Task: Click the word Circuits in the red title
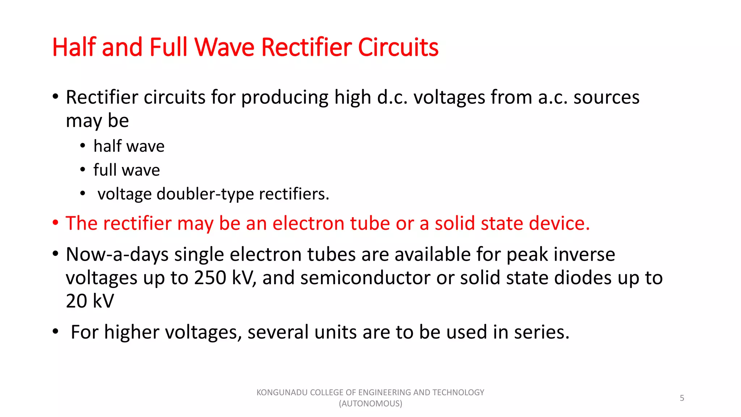tap(398, 47)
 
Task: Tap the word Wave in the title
tap(224, 47)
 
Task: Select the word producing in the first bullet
tap(284, 97)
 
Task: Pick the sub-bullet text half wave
tap(129, 146)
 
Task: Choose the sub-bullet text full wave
tap(126, 170)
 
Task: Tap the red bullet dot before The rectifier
tap(55, 223)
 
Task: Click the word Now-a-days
tap(117, 254)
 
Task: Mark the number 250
tap(210, 278)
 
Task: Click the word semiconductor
tap(365, 278)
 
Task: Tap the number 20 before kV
tap(76, 301)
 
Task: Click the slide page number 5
tap(682, 398)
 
